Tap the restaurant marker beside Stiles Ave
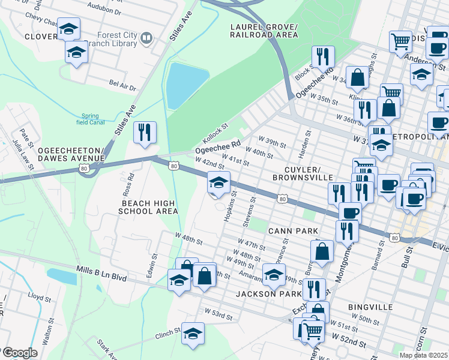click(144, 133)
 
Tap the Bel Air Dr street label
click(122, 85)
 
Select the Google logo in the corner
click(19, 353)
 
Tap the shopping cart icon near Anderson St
click(400, 42)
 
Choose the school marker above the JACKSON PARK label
click(274, 275)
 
